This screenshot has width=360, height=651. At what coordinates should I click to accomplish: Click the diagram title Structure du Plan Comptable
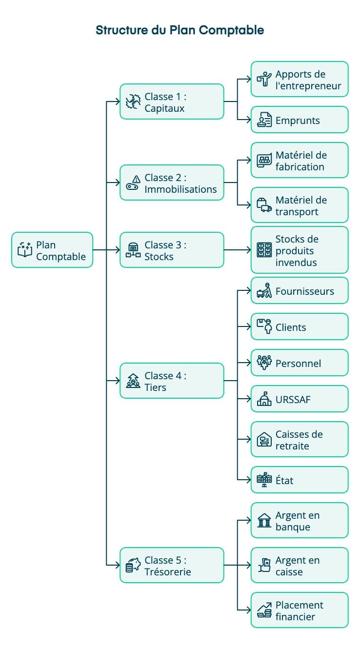tap(180, 30)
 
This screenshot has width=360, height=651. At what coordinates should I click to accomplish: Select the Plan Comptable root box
tap(52, 250)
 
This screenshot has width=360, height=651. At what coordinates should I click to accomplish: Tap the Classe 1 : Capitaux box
tap(172, 102)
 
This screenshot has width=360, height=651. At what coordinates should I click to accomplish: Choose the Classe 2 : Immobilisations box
tap(172, 183)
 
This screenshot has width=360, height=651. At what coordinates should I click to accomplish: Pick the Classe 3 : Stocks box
tap(172, 250)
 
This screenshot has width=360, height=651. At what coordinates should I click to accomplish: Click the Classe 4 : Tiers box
tap(172, 381)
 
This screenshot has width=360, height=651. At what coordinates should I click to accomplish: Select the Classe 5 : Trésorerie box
tap(172, 565)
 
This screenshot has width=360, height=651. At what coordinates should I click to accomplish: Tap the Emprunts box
tap(300, 120)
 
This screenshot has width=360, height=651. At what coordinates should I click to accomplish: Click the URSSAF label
tap(293, 399)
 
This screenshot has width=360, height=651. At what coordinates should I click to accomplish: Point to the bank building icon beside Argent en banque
tap(264, 521)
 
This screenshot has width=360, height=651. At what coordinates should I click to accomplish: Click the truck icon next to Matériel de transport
tap(264, 205)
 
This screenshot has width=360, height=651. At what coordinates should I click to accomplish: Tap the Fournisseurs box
tap(300, 291)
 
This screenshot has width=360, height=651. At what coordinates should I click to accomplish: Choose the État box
tap(300, 480)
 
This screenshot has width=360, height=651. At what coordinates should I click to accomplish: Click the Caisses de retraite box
tap(300, 439)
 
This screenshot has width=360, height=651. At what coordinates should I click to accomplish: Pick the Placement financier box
tap(300, 610)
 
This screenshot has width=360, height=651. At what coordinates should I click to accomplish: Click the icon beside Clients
tap(264, 326)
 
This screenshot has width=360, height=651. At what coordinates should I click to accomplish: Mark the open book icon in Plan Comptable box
tap(24, 250)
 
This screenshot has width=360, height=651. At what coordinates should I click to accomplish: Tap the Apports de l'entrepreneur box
tap(300, 79)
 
